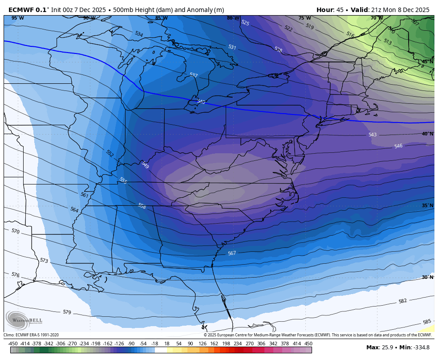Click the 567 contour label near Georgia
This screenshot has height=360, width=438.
[232, 253]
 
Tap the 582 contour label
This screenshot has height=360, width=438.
[402, 301]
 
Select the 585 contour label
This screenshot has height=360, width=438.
[426, 322]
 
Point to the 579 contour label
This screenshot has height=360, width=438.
[67, 312]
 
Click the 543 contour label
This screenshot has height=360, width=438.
[373, 135]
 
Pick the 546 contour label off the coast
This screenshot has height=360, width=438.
[398, 146]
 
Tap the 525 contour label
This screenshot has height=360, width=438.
[245, 23]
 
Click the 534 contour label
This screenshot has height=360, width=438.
[139, 34]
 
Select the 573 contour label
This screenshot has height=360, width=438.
[44, 260]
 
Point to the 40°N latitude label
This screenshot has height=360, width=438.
[427, 134]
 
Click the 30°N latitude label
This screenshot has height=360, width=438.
[427, 277]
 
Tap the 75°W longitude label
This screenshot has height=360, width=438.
[304, 18]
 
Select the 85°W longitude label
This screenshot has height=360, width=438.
[161, 18]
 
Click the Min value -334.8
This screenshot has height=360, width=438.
[420, 348]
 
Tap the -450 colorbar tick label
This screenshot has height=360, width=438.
[13, 344]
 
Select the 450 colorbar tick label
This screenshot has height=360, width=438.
[308, 344]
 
